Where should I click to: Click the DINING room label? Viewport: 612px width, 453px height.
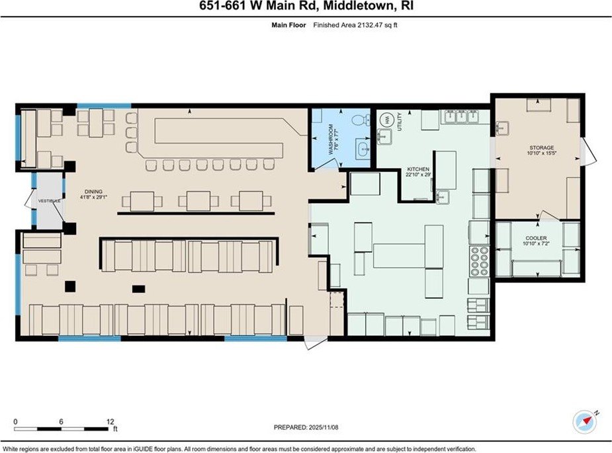click(94, 192)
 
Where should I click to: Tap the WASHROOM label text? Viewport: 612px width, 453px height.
click(331, 140)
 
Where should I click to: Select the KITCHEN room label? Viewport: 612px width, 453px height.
click(418, 169)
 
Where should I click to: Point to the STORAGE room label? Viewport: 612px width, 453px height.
click(541, 148)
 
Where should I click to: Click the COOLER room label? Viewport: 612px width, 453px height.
click(537, 238)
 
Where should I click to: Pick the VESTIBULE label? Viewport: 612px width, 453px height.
click(49, 201)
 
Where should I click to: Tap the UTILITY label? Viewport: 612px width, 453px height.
click(399, 122)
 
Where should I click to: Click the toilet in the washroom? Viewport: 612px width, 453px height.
click(361, 120)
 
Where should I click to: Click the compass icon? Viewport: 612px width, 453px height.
click(584, 422)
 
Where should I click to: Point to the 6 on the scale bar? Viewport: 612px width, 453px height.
click(61, 422)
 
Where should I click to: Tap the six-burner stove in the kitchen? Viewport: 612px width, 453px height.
click(480, 261)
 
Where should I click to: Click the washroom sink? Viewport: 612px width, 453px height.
click(363, 149)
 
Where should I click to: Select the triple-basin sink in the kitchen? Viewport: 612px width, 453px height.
click(461, 116)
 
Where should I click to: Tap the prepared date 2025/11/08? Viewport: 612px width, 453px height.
click(323, 427)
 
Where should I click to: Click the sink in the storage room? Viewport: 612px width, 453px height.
click(502, 128)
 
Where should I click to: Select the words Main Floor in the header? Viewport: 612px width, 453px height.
click(289, 25)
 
